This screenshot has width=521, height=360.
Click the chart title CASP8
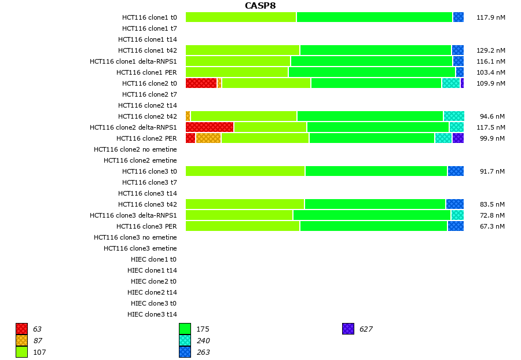coord(260,6)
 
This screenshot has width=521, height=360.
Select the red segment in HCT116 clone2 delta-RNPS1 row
coord(210,127)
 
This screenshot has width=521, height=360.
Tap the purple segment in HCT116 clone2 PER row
coord(458,138)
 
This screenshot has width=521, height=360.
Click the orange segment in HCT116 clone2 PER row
coord(208,138)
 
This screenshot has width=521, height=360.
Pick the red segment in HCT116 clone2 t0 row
coord(201,83)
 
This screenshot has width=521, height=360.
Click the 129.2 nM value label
coord(490,50)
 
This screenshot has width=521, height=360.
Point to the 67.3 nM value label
coord(491,226)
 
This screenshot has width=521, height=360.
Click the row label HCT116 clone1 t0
coord(149,17)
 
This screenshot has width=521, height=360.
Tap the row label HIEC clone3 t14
coord(152,314)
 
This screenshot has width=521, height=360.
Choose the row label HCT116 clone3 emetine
coord(140,248)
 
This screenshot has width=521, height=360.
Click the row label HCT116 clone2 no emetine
coord(135,149)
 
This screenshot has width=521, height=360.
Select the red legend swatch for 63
coord(21,329)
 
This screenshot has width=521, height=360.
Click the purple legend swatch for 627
coord(348,329)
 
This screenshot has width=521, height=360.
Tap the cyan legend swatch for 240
coord(185,340)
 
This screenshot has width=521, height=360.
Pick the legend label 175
coord(203,329)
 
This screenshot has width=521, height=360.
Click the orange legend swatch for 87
coord(21,340)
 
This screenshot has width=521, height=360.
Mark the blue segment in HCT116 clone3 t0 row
coord(456,171)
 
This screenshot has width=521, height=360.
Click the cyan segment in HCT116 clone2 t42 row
coord(454,116)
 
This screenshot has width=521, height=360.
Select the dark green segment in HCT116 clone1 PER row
coord(372,72)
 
